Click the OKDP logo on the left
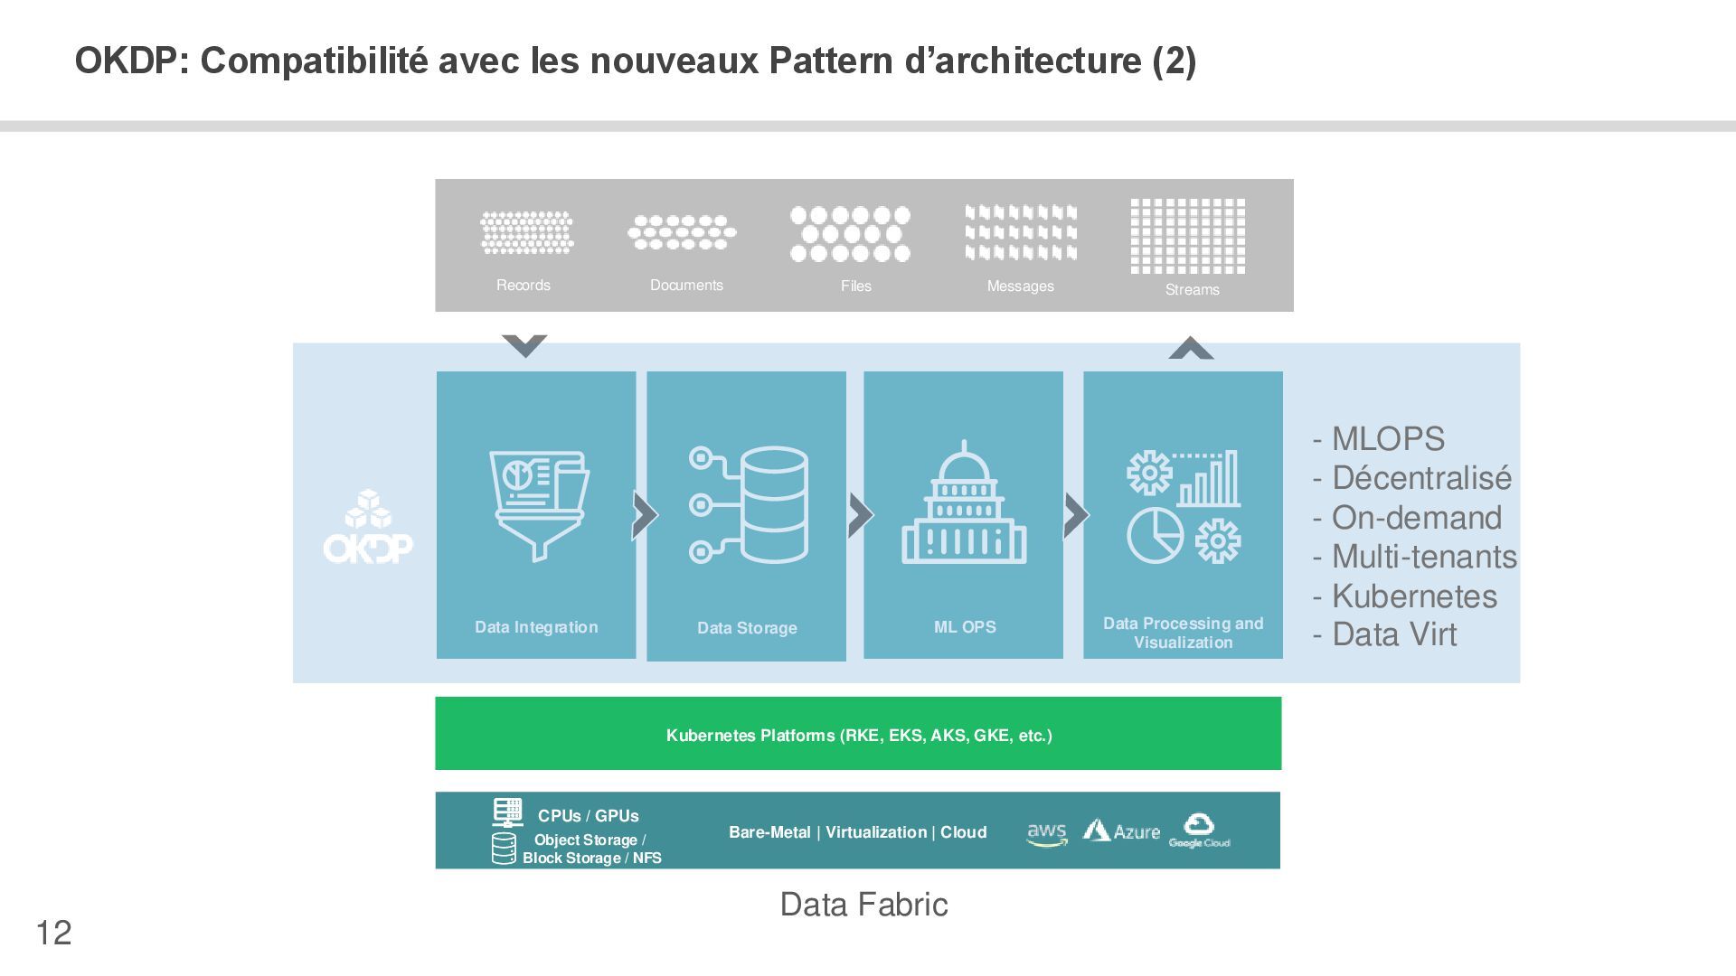tap(368, 528)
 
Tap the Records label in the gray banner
tap(524, 286)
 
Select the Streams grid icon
tap(1187, 236)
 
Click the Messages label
tap(1020, 286)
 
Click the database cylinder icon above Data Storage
tap(773, 504)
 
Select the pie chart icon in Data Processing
tap(1155, 535)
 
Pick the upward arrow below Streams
tap(1191, 349)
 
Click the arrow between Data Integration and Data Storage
tap(644, 515)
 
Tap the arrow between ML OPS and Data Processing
tap(1075, 515)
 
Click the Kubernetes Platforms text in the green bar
tap(859, 736)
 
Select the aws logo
tap(1047, 834)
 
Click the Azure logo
tap(1121, 831)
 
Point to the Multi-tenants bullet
tap(1415, 557)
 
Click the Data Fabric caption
tap(863, 905)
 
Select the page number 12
tap(53, 933)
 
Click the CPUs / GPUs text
tap(588, 816)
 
